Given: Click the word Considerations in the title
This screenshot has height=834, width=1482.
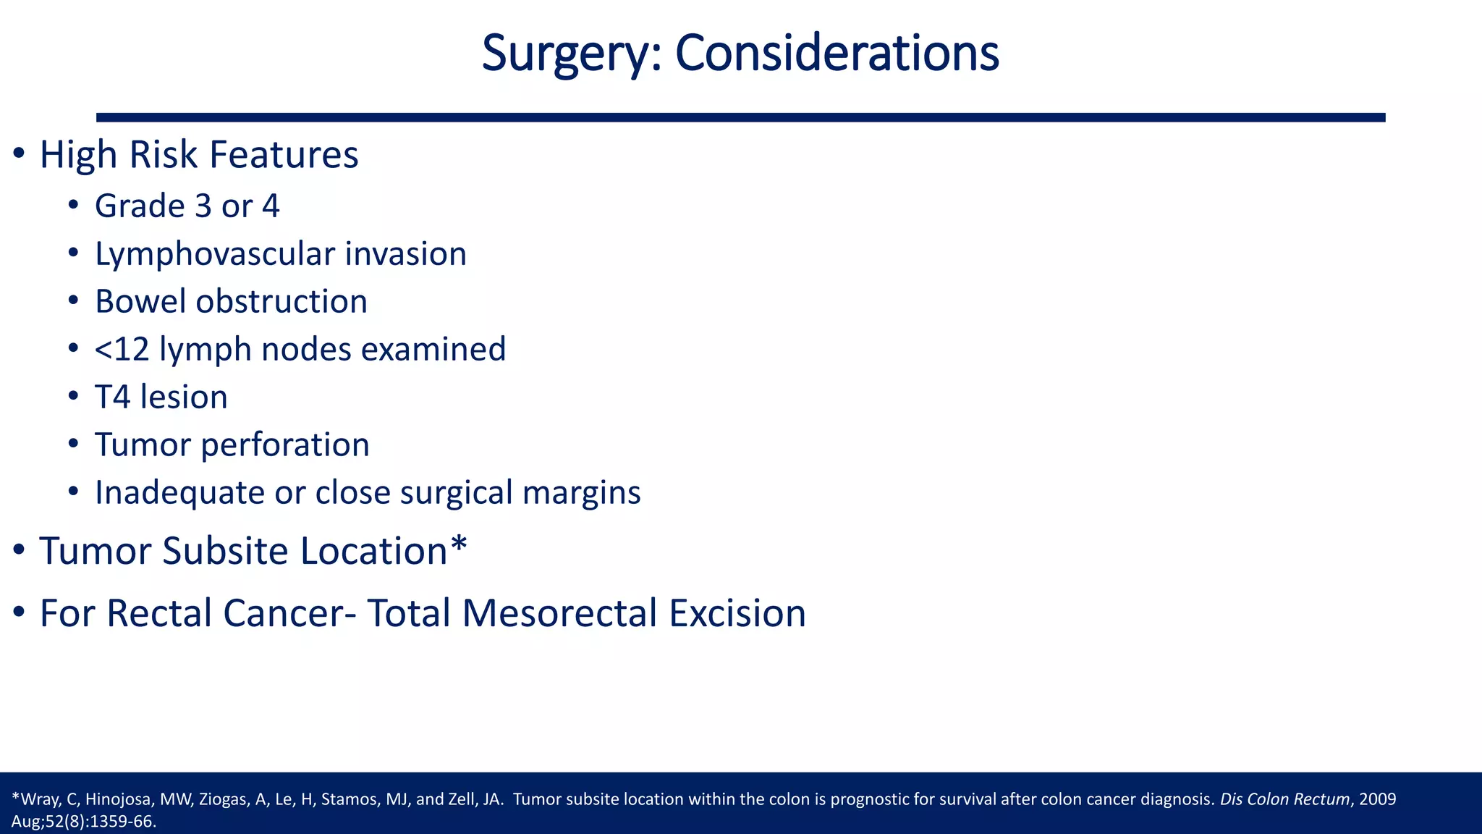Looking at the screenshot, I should pos(837,54).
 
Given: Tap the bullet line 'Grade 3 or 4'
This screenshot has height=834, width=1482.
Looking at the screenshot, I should pos(187,206).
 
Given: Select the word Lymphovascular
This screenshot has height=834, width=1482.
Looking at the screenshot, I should pos(214,254).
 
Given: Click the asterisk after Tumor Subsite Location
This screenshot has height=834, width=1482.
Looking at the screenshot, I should pos(459,544).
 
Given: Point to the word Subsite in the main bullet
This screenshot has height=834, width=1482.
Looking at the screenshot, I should pos(225,551).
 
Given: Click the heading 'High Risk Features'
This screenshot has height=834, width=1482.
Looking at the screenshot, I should pos(198,155).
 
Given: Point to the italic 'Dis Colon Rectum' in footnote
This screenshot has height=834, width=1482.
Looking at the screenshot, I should pos(1284,800).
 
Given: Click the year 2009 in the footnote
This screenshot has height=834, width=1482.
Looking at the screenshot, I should pos(1378,800).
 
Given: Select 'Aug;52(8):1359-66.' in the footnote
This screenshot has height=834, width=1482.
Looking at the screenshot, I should pos(84,822).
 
